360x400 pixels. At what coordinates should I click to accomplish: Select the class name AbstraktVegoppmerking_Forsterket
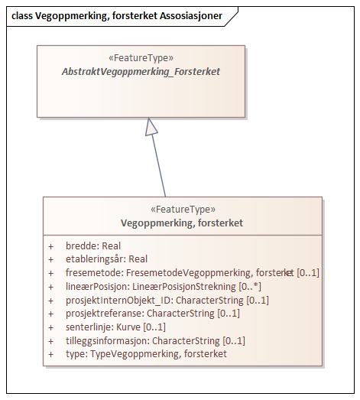pyautogui.click(x=141, y=71)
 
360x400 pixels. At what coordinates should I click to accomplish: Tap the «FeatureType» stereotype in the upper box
pyautogui.click(x=141, y=57)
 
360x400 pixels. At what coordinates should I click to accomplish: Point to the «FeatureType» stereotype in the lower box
pyautogui.click(x=182, y=210)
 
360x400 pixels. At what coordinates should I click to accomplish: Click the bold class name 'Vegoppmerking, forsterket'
pyautogui.click(x=182, y=223)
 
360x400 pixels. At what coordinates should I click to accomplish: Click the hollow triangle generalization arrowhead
pyautogui.click(x=152, y=127)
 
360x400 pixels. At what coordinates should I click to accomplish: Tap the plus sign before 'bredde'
pyautogui.click(x=51, y=246)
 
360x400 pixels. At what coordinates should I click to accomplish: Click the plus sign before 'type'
pyautogui.click(x=51, y=354)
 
